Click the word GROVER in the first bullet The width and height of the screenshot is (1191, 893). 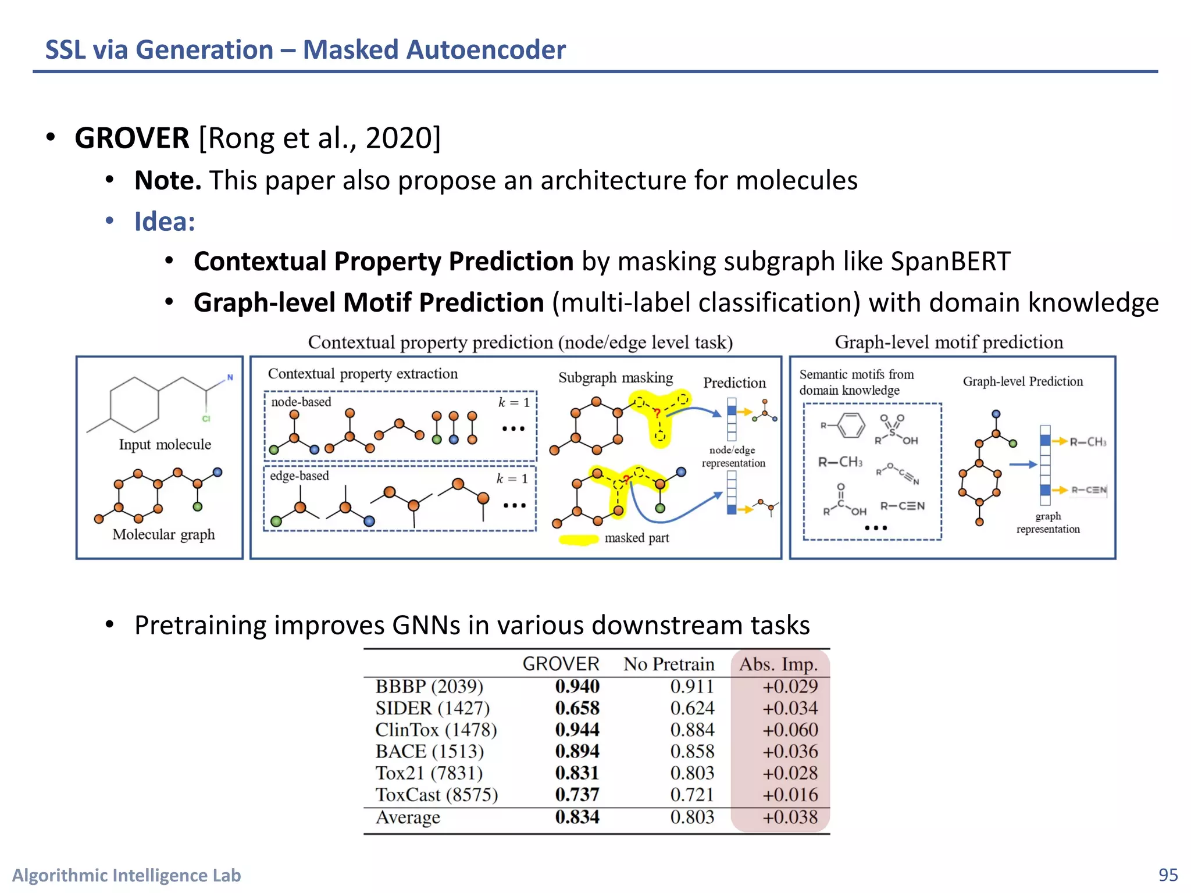(x=132, y=138)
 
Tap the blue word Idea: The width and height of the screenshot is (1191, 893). (x=165, y=222)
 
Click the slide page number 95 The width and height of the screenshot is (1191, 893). (x=1168, y=875)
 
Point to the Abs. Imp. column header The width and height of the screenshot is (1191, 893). (x=778, y=664)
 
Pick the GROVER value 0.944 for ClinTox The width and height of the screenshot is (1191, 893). (x=577, y=730)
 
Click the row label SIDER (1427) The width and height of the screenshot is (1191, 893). (x=432, y=708)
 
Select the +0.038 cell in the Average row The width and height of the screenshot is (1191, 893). (x=790, y=817)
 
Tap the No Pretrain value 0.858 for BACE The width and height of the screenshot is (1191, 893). (x=692, y=751)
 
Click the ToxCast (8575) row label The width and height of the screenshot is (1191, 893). (x=436, y=795)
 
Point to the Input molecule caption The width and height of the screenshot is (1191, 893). (x=165, y=445)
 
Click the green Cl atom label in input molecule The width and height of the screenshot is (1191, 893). (x=206, y=419)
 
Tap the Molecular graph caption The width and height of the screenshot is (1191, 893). (x=163, y=534)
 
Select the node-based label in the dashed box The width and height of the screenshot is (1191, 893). (x=301, y=402)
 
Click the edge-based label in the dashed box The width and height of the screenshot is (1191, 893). (x=299, y=476)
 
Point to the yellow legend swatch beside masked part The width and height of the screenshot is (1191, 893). (x=578, y=540)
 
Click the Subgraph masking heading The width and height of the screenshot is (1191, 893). (x=615, y=377)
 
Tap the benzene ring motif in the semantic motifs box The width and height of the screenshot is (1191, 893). (x=850, y=426)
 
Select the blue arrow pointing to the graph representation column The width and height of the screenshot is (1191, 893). (x=1023, y=465)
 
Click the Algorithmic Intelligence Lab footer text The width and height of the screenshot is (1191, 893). (x=126, y=875)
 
